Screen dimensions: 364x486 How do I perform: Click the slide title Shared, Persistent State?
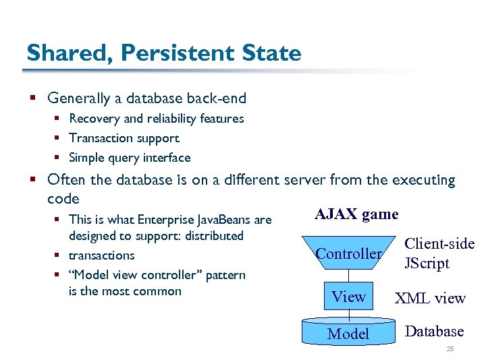[x=163, y=53]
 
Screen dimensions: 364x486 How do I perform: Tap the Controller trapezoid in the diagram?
[x=348, y=253]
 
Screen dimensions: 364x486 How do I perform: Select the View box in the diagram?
[x=349, y=297]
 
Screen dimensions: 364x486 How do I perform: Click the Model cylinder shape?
[x=348, y=333]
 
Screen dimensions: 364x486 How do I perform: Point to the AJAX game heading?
[x=356, y=214]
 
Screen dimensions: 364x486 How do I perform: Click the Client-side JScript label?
[x=439, y=253]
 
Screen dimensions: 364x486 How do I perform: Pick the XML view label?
[x=430, y=298]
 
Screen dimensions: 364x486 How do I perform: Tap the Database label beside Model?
[x=434, y=331]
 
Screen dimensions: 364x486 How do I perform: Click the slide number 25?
[x=450, y=349]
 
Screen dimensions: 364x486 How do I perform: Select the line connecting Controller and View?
[x=349, y=276]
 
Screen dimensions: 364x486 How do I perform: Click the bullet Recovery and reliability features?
[x=156, y=119]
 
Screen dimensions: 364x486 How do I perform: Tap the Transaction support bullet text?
[x=124, y=138]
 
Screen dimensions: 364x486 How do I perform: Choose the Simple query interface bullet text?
[x=130, y=158]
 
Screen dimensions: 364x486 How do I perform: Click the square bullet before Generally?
[x=31, y=98]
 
